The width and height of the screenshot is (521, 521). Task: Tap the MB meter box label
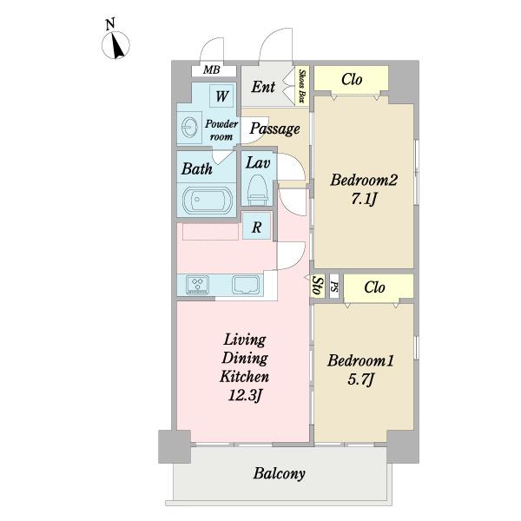pyautogui.click(x=212, y=70)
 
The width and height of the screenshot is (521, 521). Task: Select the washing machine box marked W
pyautogui.click(x=221, y=96)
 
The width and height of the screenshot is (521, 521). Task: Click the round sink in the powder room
pyautogui.click(x=189, y=128)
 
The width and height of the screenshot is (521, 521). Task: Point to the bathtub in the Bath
pyautogui.click(x=208, y=199)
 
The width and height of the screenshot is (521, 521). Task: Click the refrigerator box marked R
pyautogui.click(x=256, y=227)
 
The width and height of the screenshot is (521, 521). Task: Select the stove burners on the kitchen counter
pyautogui.click(x=198, y=285)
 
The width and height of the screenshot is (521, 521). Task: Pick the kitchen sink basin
pyautogui.click(x=246, y=285)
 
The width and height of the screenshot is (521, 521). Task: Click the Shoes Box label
pyautogui.click(x=302, y=86)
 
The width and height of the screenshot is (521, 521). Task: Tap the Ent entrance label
pyautogui.click(x=263, y=87)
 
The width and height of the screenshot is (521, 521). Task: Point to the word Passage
pyautogui.click(x=274, y=129)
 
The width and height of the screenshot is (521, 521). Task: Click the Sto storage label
pyautogui.click(x=317, y=286)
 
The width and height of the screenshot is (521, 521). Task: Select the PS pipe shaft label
pyautogui.click(x=334, y=286)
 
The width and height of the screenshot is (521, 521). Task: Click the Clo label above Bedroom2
pyautogui.click(x=352, y=79)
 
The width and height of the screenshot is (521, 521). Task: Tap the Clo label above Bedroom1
pyautogui.click(x=374, y=287)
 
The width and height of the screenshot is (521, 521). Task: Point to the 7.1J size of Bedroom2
pyautogui.click(x=364, y=199)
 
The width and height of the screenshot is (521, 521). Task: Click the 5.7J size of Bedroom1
pyautogui.click(x=361, y=379)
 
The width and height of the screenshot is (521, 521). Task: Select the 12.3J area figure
pyautogui.click(x=245, y=395)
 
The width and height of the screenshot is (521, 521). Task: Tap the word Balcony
pyautogui.click(x=279, y=473)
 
